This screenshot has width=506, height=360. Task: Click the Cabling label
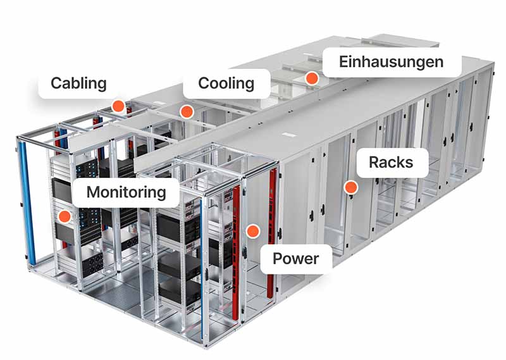(79, 83)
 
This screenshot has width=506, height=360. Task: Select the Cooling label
(226, 83)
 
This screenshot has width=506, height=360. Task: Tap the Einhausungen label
(391, 62)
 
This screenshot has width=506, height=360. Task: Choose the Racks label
(391, 163)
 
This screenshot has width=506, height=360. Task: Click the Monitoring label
(126, 192)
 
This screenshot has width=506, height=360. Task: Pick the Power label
(295, 258)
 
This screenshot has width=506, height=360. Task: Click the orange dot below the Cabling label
(118, 106)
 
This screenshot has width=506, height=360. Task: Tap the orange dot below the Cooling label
(185, 112)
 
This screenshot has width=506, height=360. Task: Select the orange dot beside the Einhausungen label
(311, 79)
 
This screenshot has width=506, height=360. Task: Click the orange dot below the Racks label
(350, 187)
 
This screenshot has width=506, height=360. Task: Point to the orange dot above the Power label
(253, 232)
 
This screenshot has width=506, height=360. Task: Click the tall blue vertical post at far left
(25, 202)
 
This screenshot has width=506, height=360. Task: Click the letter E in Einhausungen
(343, 62)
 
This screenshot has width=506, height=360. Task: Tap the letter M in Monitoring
(93, 192)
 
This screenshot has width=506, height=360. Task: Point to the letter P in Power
(277, 258)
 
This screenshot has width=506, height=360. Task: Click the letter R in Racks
(374, 163)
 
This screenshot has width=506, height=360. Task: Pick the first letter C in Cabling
(56, 83)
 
